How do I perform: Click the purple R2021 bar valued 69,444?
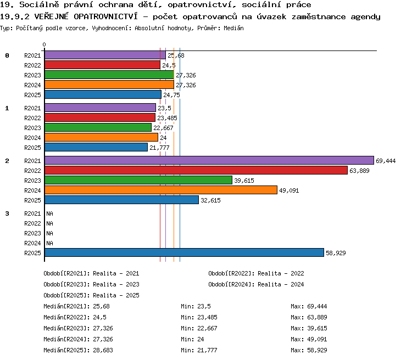[209, 160]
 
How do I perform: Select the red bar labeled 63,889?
[196, 170]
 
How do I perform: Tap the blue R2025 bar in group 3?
[184, 252]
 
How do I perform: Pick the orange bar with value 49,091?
[161, 190]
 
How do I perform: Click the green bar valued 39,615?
[138, 180]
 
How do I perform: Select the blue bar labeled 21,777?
[96, 147]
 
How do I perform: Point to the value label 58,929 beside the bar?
[336, 253]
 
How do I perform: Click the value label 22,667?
[163, 128]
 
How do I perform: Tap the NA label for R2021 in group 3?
[49, 213]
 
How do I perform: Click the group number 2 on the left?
[7, 161]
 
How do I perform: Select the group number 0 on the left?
[7, 55]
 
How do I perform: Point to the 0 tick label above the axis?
[44, 44]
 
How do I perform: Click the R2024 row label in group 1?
[32, 138]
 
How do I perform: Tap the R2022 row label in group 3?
[32, 223]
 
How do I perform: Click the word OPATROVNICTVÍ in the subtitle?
[105, 16]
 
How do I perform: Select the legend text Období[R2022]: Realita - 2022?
[256, 274]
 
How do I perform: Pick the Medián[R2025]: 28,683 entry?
[79, 350]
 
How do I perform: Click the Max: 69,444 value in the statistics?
[309, 306]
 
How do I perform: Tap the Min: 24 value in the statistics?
[192, 339]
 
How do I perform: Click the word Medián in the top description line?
[233, 28]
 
